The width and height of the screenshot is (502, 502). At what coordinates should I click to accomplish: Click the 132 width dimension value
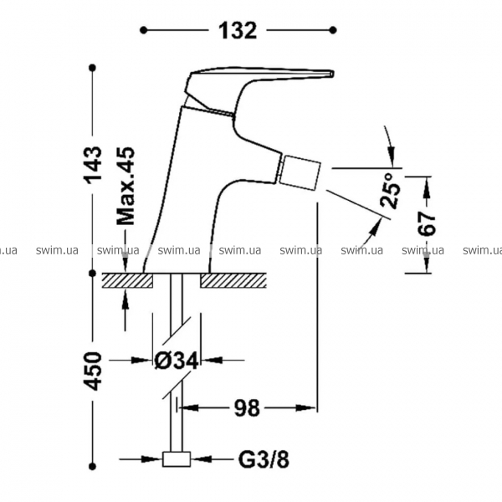[238, 30]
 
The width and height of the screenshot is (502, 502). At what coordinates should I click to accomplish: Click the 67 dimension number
[428, 223]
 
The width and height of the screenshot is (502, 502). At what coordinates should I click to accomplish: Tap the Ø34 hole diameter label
[177, 361]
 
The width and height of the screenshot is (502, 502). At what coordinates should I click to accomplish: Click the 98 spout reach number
[247, 408]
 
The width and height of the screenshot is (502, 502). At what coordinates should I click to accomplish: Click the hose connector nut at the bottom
[177, 458]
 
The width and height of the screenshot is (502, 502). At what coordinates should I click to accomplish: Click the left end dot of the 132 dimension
[144, 30]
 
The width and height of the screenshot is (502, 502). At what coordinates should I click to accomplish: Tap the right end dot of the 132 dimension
[334, 30]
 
